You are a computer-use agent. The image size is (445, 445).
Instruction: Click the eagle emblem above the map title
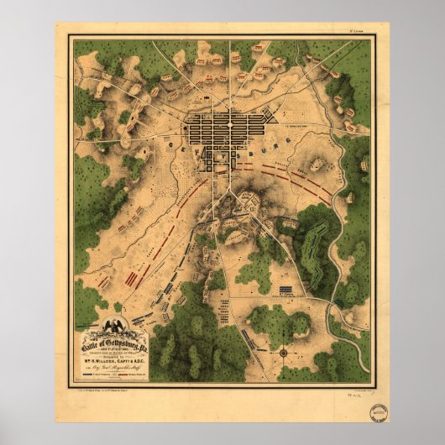point(112,322)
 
